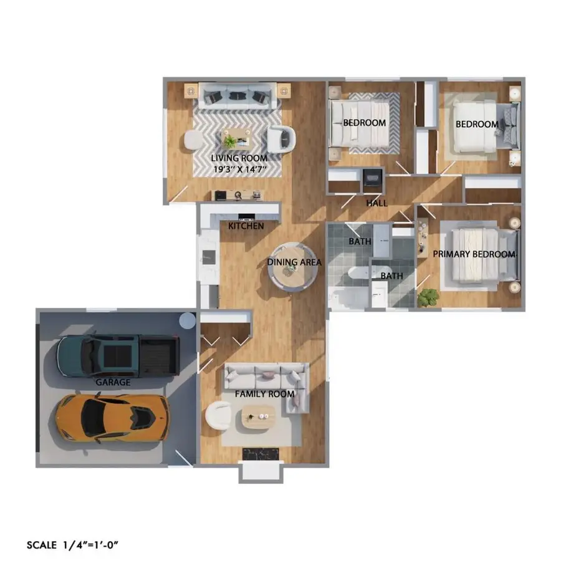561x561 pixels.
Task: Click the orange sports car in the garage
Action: (x=113, y=417)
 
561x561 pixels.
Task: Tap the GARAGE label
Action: (x=113, y=382)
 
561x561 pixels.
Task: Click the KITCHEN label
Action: (x=246, y=226)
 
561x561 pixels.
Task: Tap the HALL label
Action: (x=376, y=203)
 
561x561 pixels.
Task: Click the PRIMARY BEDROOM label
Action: (x=474, y=254)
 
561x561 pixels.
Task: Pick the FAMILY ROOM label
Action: (x=264, y=395)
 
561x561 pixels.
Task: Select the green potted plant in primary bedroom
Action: (x=428, y=297)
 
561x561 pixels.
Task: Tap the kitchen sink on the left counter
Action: (x=208, y=256)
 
